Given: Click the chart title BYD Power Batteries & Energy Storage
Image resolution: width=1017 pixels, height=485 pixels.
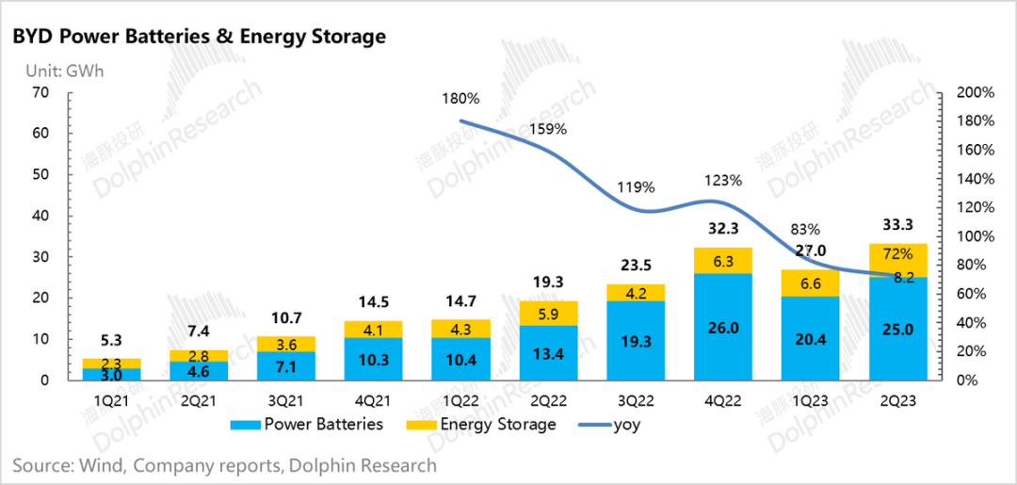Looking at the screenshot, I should point(199,37).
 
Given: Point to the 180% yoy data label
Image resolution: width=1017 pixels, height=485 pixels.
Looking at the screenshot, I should point(460,98).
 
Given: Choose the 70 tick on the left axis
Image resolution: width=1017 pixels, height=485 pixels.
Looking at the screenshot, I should point(39,92).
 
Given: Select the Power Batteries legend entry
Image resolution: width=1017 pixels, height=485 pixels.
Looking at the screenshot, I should point(312,424).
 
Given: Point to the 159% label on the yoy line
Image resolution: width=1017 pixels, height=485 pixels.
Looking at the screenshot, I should point(548,129).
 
